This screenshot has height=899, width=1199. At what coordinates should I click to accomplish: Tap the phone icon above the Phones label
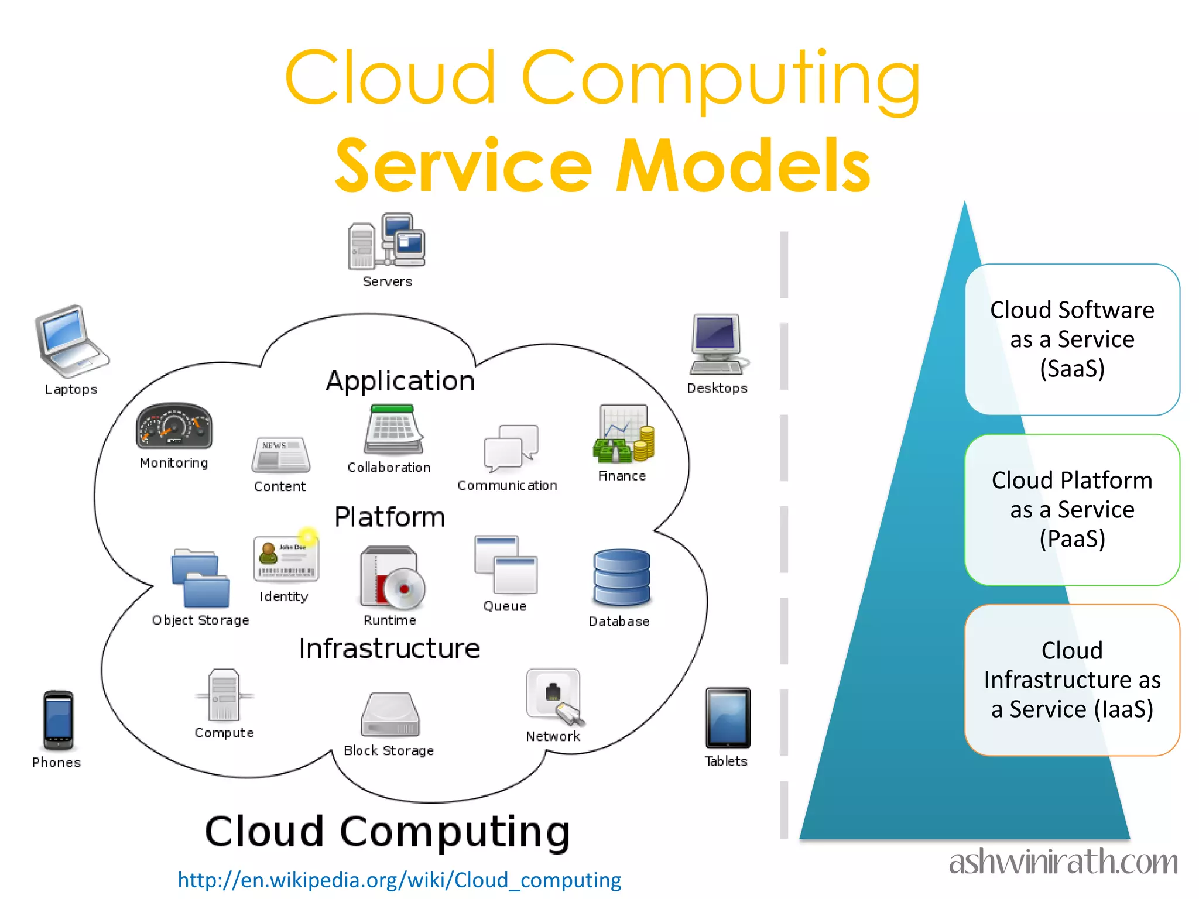58,720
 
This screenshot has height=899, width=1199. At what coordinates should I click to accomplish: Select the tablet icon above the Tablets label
728,718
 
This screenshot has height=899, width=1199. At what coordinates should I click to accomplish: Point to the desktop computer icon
718,344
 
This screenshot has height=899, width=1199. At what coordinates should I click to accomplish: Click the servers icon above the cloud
387,241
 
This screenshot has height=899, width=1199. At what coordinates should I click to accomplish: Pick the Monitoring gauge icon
174,426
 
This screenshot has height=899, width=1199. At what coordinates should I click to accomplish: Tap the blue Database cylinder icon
621,578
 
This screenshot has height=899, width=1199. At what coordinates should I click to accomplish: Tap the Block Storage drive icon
390,715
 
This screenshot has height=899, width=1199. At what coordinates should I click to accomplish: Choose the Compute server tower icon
224,695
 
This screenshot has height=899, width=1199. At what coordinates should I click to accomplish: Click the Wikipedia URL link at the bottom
399,880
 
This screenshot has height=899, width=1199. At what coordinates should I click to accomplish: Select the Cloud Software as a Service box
1072,339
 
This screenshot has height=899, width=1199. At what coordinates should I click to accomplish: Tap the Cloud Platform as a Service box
1072,510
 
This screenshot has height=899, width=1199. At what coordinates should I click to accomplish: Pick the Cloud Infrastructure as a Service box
1072,680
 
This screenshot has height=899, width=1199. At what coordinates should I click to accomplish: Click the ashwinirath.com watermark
1063,863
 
